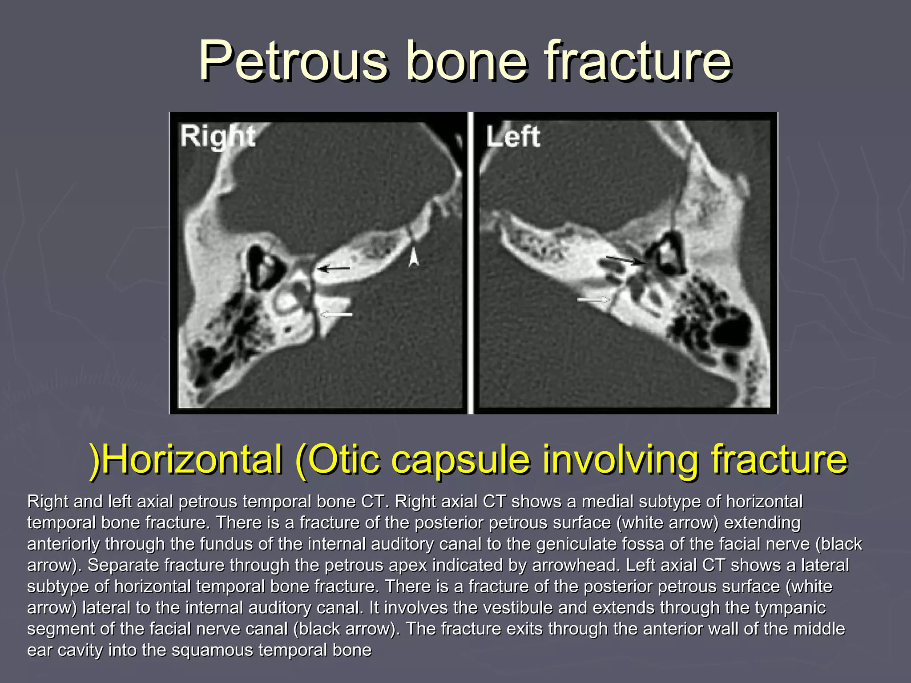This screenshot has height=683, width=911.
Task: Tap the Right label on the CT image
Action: click(218, 136)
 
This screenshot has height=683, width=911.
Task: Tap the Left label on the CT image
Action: click(513, 137)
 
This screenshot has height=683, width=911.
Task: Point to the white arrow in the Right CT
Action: click(336, 314)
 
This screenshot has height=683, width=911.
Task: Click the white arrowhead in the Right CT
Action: click(414, 257)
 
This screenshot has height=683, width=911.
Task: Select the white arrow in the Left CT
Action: click(593, 300)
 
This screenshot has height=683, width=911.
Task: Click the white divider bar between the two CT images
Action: click(470, 262)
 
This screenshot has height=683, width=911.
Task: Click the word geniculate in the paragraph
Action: click(577, 544)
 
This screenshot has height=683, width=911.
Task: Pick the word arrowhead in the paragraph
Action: click(574, 565)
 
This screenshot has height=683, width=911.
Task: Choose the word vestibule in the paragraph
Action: click(518, 607)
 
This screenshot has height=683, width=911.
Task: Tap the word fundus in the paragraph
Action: click(225, 544)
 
